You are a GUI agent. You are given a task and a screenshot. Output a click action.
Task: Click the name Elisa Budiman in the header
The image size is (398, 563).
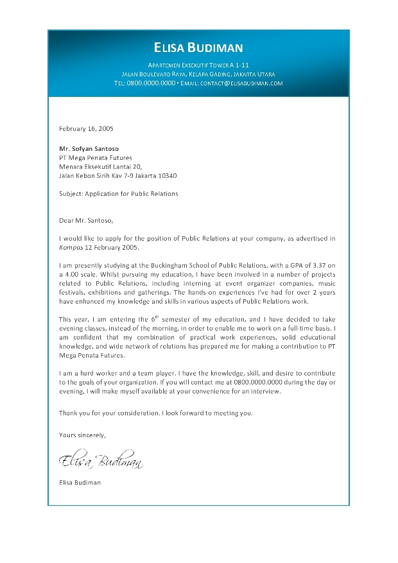tap(198, 48)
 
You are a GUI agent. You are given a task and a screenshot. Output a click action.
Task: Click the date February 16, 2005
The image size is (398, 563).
tap(86, 128)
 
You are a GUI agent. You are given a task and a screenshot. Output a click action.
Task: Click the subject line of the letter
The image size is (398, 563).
tap(118, 193)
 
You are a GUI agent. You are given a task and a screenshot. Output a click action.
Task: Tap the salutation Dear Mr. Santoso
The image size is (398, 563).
tap(85, 220)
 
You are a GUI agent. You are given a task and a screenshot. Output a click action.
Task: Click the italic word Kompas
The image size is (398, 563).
tap(71, 247)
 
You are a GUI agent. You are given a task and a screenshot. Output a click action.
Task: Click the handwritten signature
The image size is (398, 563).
tap(100, 460)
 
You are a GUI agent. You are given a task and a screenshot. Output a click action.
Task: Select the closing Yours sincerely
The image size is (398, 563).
tap(82, 435)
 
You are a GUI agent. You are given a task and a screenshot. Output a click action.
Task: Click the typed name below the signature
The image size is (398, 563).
tap(80, 482)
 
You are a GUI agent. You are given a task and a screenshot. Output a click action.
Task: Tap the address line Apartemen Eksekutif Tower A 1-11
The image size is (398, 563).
tap(198, 66)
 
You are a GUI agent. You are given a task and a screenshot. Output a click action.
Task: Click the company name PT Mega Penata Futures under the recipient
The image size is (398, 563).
tap(95, 157)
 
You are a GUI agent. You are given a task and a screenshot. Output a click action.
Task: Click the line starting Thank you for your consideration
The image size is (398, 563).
tap(155, 413)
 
